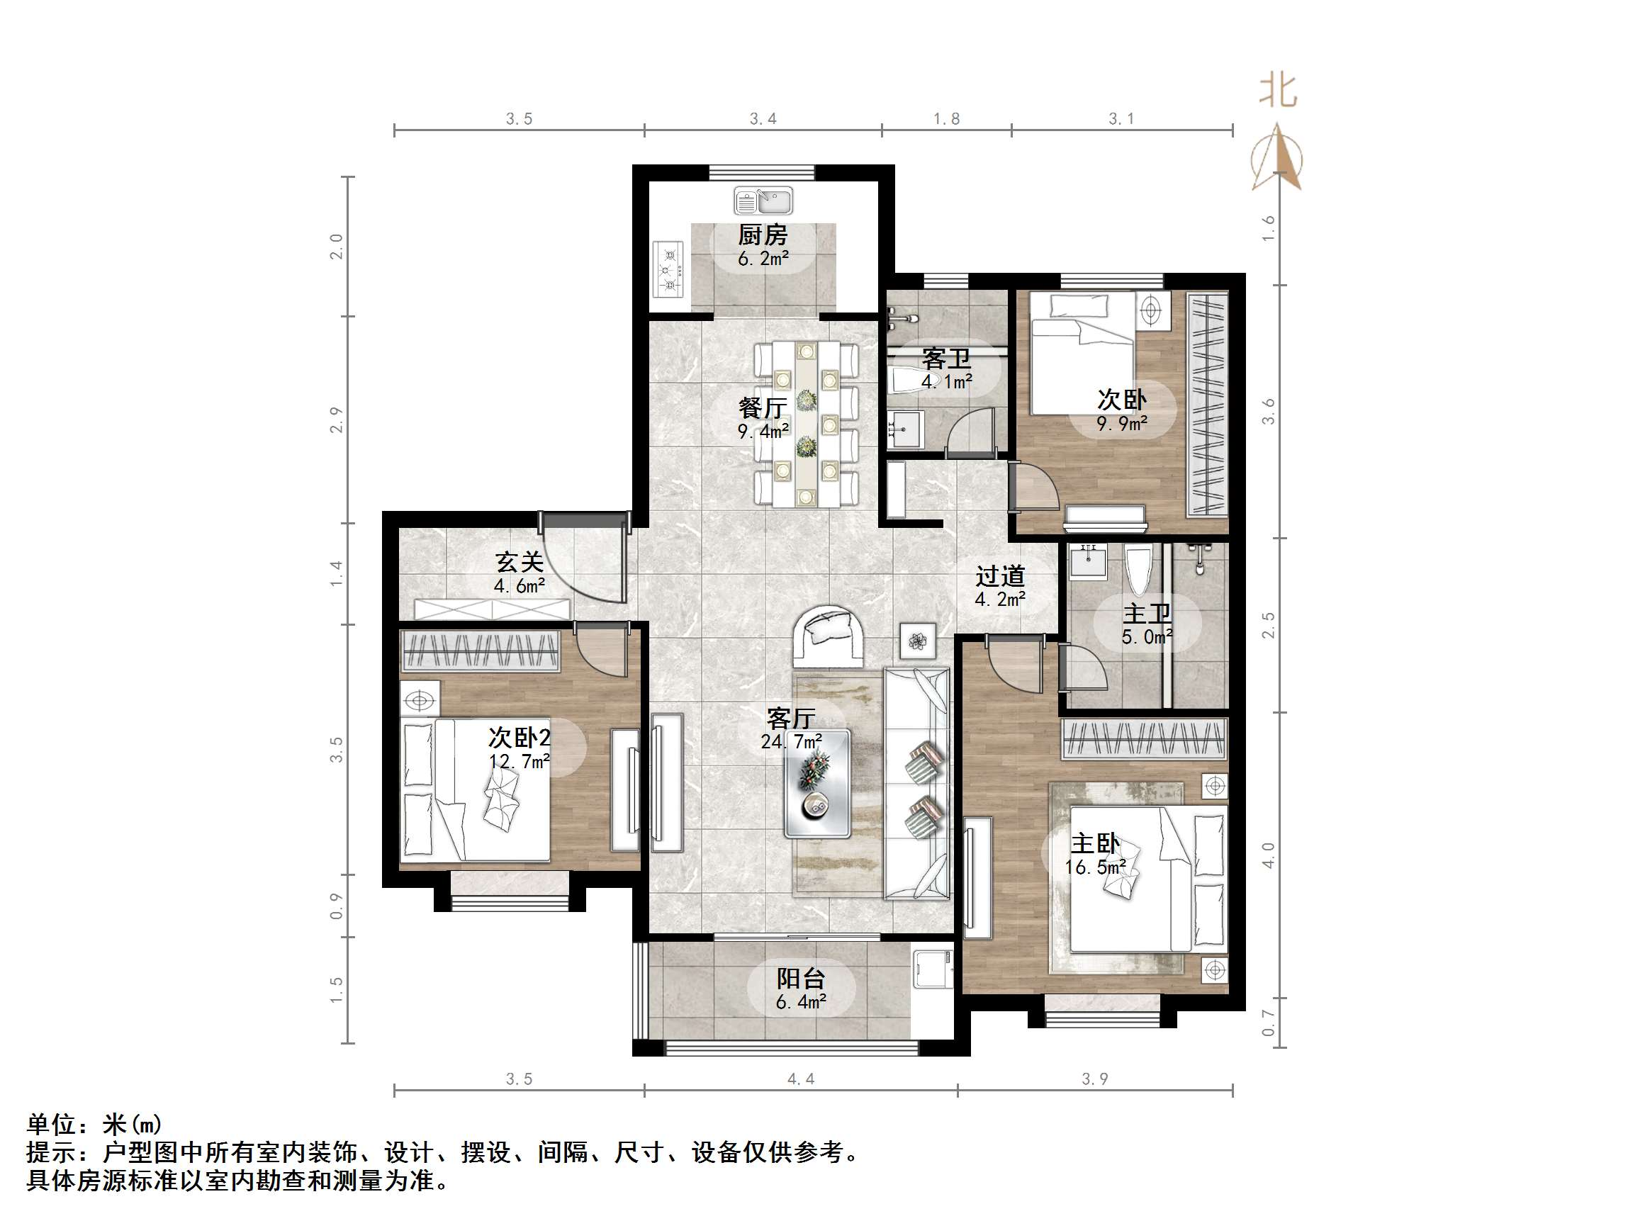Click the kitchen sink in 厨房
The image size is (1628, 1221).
763,200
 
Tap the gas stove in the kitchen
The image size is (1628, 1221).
669,269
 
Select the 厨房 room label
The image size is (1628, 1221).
763,235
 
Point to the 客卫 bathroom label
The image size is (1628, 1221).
945,359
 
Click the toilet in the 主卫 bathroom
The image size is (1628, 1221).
1138,569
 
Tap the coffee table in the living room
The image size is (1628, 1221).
817,783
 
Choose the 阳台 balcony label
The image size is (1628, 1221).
801,979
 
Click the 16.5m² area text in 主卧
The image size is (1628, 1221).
1094,867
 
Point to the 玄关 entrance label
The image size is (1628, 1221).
519,562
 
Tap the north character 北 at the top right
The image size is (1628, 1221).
1278,91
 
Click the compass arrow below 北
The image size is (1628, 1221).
1278,158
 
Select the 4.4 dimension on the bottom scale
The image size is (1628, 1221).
801,1080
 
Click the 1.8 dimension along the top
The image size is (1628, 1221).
946,119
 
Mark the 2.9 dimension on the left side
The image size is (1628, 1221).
337,420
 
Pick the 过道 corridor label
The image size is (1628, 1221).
999,575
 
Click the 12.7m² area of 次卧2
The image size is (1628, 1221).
519,762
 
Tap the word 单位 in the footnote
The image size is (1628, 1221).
52,1125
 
